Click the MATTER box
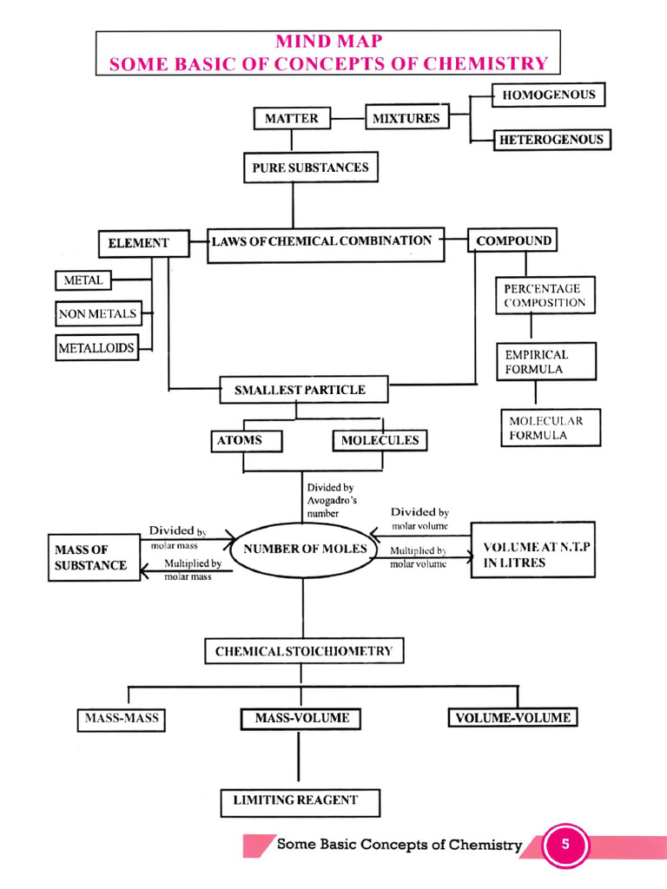tap(292, 118)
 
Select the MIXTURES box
tap(406, 117)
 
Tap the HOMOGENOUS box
tap(549, 95)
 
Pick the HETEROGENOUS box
tap(551, 139)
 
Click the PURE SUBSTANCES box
tap(310, 168)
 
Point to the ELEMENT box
tap(139, 243)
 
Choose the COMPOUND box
tap(513, 240)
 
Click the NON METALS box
tap(97, 313)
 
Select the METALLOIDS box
tap(96, 348)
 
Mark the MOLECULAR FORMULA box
tap(551, 428)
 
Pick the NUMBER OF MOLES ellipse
tap(305, 550)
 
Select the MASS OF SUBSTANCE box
tap(94, 557)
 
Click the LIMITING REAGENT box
tap(300, 801)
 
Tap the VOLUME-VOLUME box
tap(512, 718)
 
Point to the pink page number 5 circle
tap(565, 845)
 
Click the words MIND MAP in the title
tap(327, 43)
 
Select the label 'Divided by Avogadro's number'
tap(330, 501)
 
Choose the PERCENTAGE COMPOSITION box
tap(545, 296)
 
